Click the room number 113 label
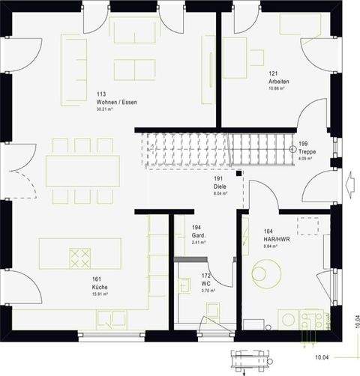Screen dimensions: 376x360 [x=100, y=94]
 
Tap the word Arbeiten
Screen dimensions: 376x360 [x=279, y=81]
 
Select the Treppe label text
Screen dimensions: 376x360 [x=307, y=151]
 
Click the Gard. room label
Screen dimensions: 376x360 [x=198, y=234]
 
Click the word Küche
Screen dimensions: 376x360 [x=100, y=288]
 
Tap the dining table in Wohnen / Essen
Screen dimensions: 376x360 [x=83, y=171]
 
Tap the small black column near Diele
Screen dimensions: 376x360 [x=239, y=174]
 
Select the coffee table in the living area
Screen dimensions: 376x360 [x=134, y=70]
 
